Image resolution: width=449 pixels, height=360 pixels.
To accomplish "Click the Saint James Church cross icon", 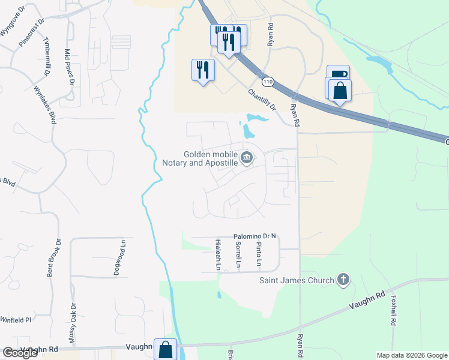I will [x=343, y=279].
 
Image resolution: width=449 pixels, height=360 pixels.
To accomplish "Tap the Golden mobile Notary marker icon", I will [x=247, y=158].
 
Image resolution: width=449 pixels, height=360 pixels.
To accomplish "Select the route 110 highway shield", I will [x=267, y=81].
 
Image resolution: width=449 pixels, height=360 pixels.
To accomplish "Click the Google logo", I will [x=20, y=353].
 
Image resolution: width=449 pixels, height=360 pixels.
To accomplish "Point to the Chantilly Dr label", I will [x=262, y=100].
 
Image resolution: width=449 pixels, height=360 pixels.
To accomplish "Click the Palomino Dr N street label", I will [x=255, y=236].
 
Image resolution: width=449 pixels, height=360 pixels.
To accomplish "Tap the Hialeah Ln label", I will [x=218, y=254].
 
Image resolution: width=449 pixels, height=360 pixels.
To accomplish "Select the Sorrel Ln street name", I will [x=238, y=254].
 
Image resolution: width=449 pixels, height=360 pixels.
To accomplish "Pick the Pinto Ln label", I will [x=259, y=254].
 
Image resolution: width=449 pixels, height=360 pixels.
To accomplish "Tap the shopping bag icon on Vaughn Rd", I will [x=165, y=350].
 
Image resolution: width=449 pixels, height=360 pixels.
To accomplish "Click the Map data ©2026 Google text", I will [x=412, y=355].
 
